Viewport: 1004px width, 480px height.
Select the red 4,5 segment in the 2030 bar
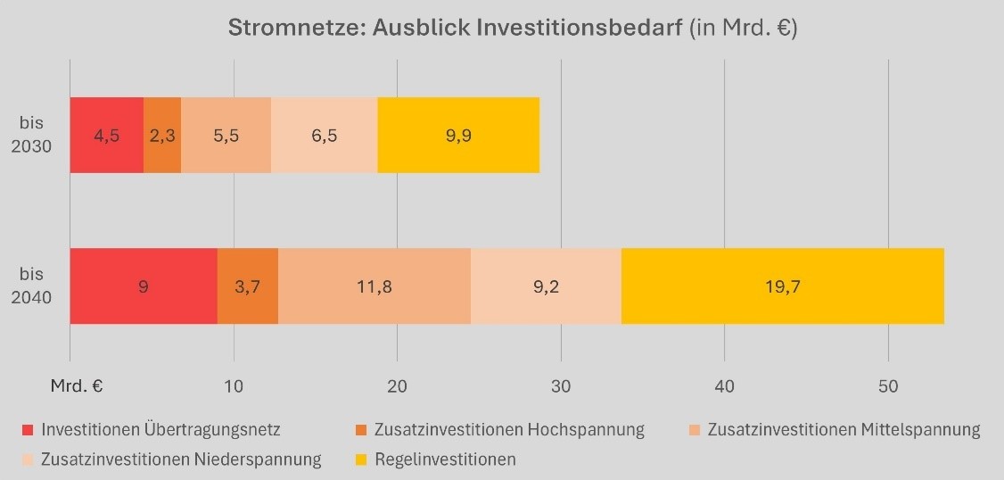click(x=106, y=135)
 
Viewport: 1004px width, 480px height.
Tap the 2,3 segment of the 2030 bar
click(x=162, y=135)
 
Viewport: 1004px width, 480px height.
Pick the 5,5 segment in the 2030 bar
click(x=226, y=135)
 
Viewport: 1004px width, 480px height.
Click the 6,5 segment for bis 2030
click(x=324, y=135)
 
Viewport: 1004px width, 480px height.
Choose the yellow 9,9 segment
click(x=458, y=135)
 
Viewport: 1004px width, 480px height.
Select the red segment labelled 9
click(x=144, y=286)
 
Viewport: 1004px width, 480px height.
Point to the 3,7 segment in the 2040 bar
click(x=248, y=286)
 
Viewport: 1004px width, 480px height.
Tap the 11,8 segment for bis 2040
click(x=374, y=286)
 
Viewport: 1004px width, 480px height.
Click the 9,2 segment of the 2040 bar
click(x=546, y=286)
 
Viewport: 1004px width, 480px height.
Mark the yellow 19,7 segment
click(x=782, y=286)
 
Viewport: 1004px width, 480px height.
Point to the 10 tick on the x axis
click(x=234, y=386)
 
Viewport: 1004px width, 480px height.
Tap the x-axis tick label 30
click(x=561, y=386)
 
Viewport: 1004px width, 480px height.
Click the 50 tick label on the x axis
click(x=888, y=386)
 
